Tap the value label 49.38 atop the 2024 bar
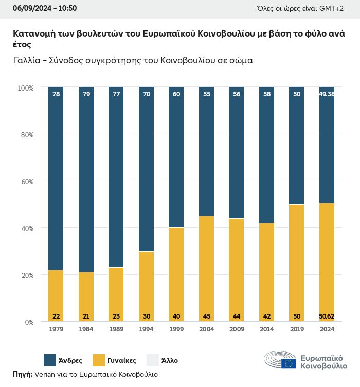click(x=327, y=94)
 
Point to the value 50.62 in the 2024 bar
click(x=327, y=316)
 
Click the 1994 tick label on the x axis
click(x=146, y=329)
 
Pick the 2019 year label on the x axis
click(x=297, y=329)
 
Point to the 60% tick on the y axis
click(x=26, y=181)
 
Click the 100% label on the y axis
click(x=25, y=88)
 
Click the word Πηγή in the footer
click(x=22, y=374)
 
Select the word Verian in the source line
click(x=45, y=374)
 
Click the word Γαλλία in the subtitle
click(x=29, y=60)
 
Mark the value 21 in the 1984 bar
click(x=86, y=316)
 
